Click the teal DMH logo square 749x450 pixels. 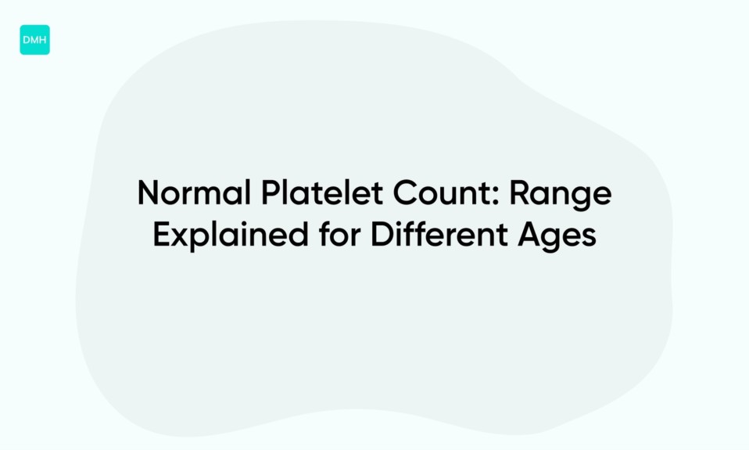(x=34, y=40)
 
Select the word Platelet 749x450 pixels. (x=302, y=193)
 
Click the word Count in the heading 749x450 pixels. (x=431, y=193)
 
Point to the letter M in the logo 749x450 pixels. (x=34, y=40)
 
